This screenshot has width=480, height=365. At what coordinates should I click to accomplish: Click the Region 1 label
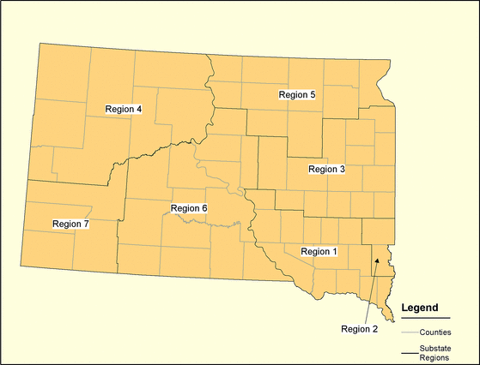click(319, 251)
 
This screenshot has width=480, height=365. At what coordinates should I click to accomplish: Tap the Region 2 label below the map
click(359, 328)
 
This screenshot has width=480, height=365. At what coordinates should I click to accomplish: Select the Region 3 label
click(326, 170)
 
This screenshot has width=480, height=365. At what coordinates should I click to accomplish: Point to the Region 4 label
click(123, 109)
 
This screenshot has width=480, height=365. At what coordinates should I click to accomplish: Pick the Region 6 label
click(189, 208)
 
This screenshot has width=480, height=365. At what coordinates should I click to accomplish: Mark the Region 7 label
click(70, 224)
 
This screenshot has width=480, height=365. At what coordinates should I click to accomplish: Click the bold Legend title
click(420, 308)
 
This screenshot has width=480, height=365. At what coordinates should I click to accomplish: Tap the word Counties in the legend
click(437, 331)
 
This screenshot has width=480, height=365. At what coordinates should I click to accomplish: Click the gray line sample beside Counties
click(410, 331)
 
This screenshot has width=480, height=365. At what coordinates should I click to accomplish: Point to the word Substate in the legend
click(437, 348)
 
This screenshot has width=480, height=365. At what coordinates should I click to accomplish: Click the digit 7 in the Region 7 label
click(86, 224)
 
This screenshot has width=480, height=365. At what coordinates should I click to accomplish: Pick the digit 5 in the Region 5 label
click(313, 94)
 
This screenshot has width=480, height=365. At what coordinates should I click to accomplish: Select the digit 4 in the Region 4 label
click(138, 109)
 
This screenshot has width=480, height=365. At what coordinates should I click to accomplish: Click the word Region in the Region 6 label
click(185, 208)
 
